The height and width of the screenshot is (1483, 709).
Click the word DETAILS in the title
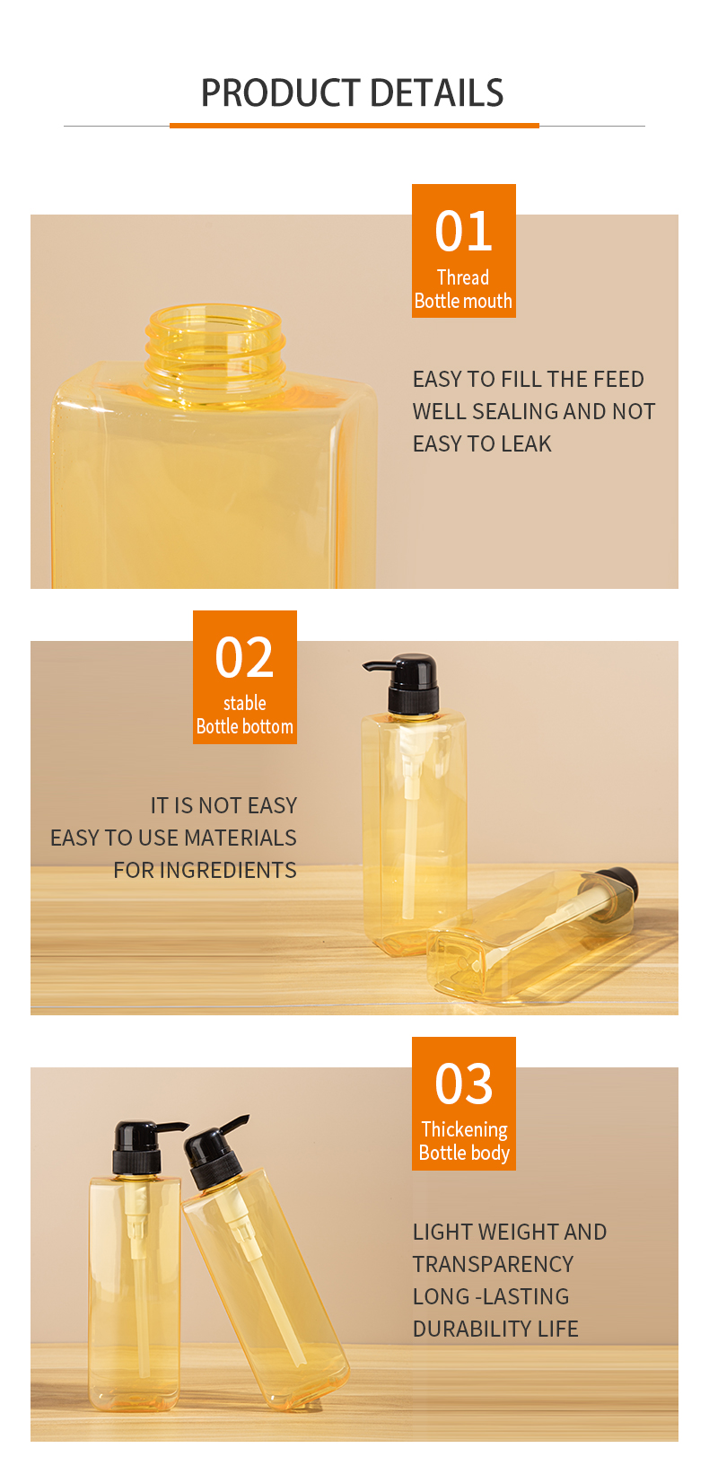point(437,92)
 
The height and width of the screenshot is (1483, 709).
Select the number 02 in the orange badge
point(244,657)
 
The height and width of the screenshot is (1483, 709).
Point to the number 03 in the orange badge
point(463,1084)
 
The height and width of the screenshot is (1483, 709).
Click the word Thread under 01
point(463,277)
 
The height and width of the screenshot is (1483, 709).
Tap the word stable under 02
point(245,703)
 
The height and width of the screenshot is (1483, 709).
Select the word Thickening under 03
point(464,1129)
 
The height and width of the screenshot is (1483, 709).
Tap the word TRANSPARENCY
point(494,1264)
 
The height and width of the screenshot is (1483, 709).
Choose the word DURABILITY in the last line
point(473,1329)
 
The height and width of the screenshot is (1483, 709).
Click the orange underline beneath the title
point(354,125)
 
